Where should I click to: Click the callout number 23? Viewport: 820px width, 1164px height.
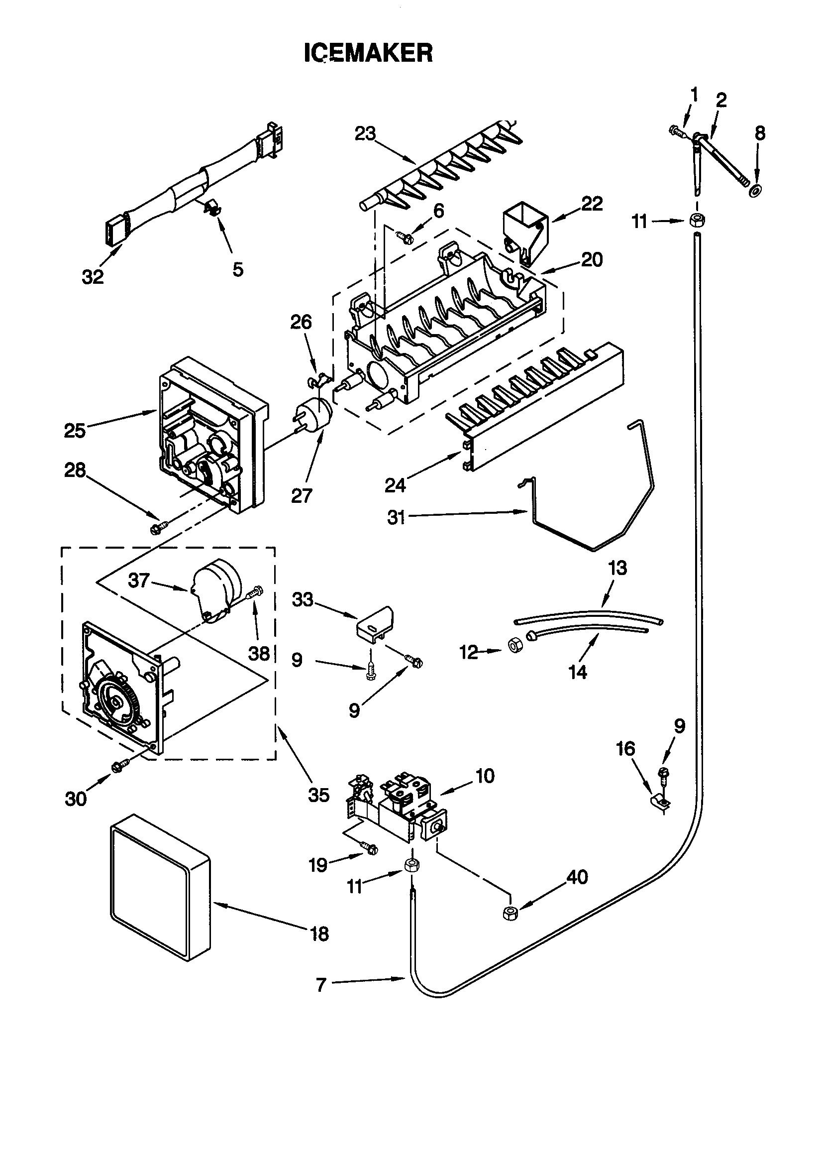click(x=365, y=134)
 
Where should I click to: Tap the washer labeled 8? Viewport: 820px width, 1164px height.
click(x=757, y=191)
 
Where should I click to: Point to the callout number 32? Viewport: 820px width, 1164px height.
click(x=93, y=277)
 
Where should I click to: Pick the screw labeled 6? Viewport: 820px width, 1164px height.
click(x=404, y=235)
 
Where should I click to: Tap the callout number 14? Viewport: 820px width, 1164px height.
click(x=578, y=672)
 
